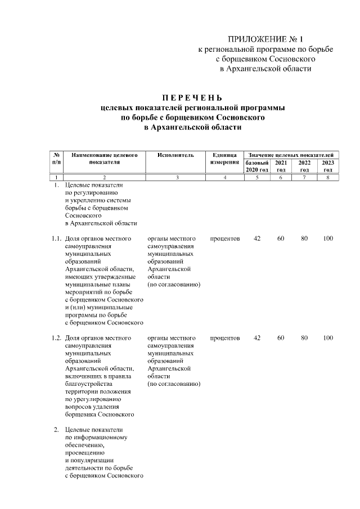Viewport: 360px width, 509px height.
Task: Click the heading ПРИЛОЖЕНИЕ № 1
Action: (x=265, y=39)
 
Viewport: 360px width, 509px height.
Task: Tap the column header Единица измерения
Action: (x=224, y=158)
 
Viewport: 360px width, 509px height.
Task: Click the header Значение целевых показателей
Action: (x=291, y=154)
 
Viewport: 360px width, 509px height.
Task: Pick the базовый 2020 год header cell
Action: (x=257, y=166)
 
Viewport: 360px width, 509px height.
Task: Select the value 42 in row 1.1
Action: (x=257, y=238)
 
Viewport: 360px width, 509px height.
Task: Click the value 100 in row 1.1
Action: (x=328, y=238)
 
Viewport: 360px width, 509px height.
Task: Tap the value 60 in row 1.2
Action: (x=280, y=338)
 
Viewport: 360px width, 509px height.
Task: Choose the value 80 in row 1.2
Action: (x=304, y=338)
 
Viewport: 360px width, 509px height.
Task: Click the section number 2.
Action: (x=56, y=430)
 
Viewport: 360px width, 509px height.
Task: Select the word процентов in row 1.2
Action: (x=225, y=338)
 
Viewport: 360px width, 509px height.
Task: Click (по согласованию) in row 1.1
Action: (x=174, y=285)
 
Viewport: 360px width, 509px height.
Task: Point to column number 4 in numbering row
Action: (x=224, y=178)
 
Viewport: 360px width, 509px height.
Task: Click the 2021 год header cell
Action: (x=280, y=166)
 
